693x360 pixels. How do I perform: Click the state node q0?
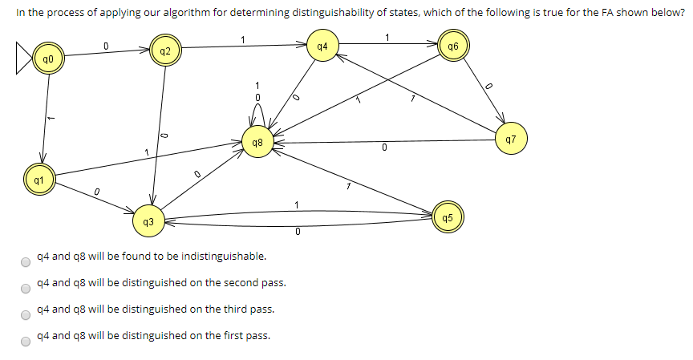click(49, 60)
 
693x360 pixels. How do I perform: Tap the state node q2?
click(164, 52)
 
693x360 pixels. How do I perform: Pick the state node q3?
click(148, 220)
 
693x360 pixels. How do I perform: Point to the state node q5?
click(448, 216)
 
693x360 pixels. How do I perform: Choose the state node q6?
click(453, 47)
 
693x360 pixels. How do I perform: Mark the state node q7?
click(511, 139)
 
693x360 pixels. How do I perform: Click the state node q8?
click(257, 143)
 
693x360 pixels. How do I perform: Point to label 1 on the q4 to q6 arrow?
click(387, 37)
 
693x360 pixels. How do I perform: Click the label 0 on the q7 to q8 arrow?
click(384, 148)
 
